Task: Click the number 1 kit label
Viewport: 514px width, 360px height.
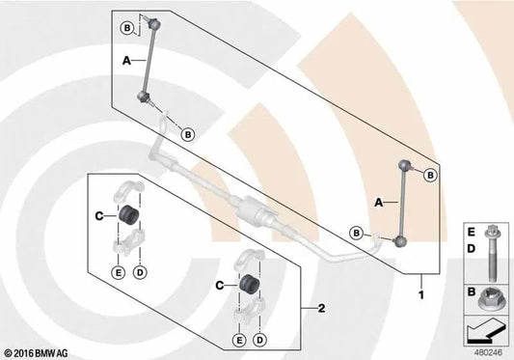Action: (421, 295)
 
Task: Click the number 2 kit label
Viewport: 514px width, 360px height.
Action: (322, 308)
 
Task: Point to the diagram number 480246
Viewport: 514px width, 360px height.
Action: (488, 353)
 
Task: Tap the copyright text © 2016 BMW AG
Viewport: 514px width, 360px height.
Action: (35, 353)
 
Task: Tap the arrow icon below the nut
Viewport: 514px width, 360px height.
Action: (485, 332)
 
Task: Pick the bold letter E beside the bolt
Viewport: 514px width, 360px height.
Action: (471, 233)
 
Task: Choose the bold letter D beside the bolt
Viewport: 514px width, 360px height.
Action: (471, 249)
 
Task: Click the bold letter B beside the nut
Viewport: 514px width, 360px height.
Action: (472, 291)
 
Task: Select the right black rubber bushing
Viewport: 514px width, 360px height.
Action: (249, 284)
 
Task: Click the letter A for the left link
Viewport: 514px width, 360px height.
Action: (126, 61)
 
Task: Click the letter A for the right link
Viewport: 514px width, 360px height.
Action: (379, 203)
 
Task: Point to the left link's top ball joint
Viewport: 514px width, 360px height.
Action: (153, 23)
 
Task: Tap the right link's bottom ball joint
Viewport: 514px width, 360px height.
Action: (400, 241)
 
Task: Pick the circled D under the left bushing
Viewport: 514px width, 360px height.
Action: (140, 272)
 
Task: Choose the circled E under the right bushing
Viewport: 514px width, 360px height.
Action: (239, 341)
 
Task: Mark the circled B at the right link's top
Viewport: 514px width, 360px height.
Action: (430, 176)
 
